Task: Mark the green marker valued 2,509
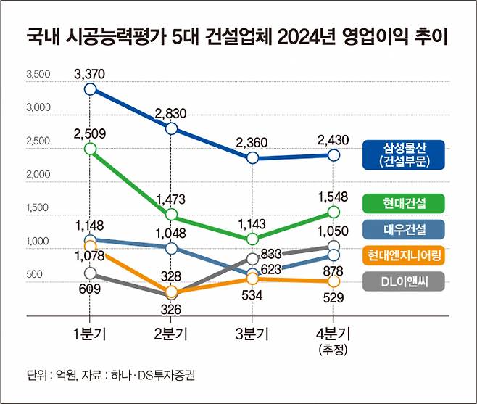[x=90, y=148]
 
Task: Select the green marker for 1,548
[x=333, y=212]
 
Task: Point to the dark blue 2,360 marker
[x=252, y=157]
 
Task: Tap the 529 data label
[x=333, y=297]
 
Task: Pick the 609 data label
[x=90, y=289]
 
